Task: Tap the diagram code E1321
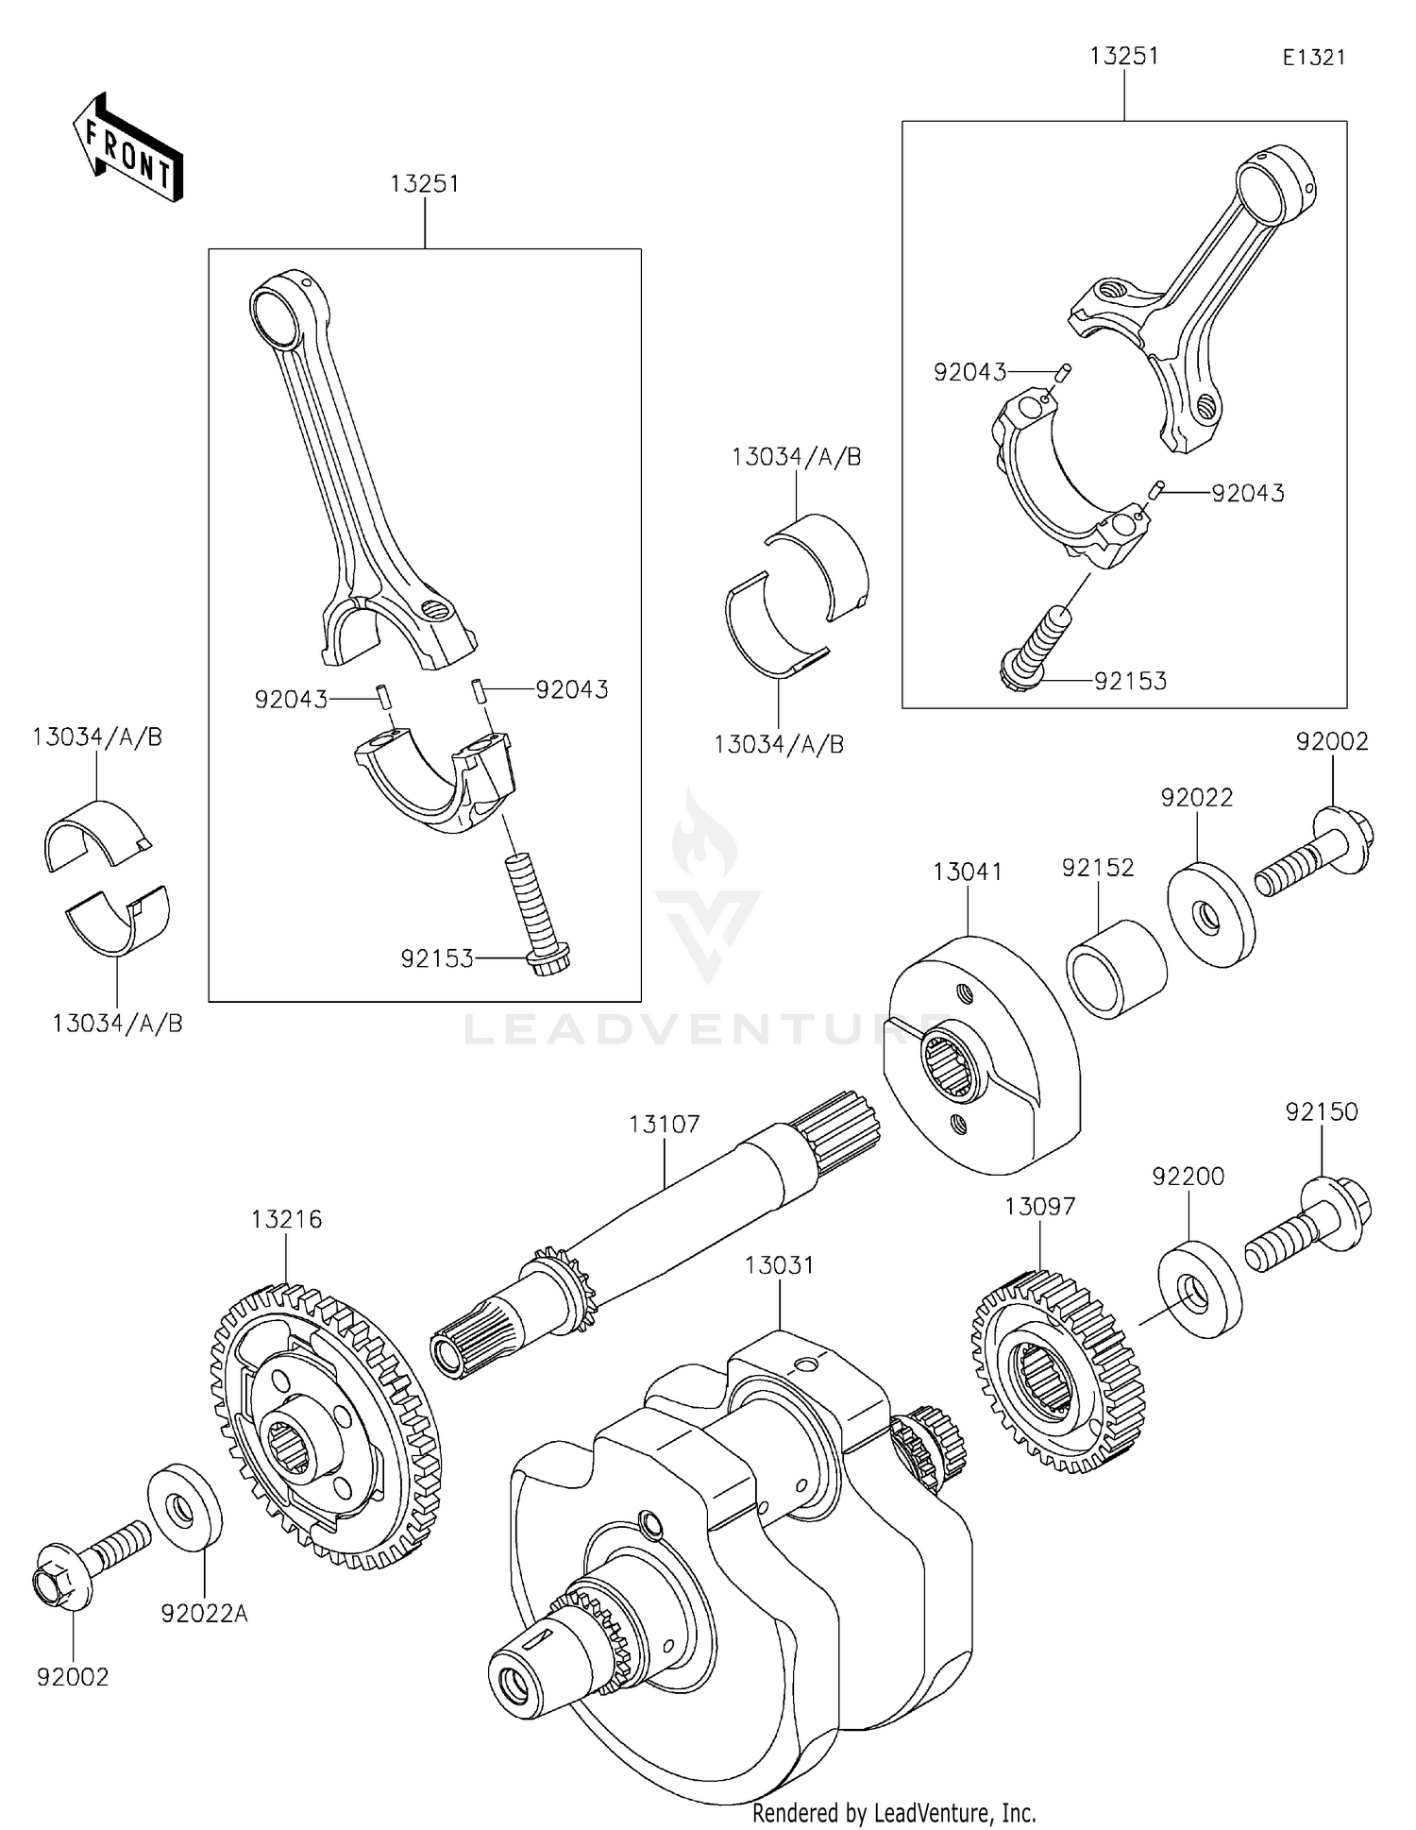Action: (1313, 58)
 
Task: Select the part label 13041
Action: (968, 872)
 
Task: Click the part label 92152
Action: (1098, 867)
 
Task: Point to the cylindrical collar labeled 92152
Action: (1116, 969)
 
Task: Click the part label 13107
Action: (665, 1124)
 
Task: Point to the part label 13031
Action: (779, 1264)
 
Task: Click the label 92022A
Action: (204, 1614)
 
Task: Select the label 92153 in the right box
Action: (1130, 681)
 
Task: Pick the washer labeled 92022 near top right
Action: (1211, 914)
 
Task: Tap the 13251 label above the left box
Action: (425, 183)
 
